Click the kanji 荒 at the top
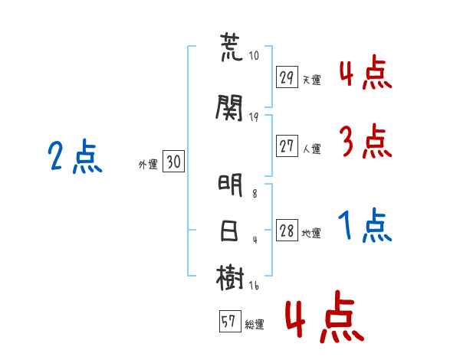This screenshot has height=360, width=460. point(232,47)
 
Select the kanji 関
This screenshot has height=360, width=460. point(229,108)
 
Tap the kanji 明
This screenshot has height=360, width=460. point(230,185)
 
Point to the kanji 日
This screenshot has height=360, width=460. point(228,231)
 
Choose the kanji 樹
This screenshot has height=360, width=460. point(230,277)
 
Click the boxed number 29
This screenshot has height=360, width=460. point(287,77)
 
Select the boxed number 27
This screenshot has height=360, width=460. point(287,146)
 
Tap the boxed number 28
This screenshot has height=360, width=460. point(287,230)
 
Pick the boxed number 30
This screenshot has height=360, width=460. point(173,161)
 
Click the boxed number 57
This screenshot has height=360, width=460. point(230,321)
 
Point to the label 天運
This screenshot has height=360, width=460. point(312,80)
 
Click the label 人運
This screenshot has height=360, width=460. point(312,149)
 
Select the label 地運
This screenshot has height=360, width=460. point(311,234)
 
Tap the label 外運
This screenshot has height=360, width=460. point(148,165)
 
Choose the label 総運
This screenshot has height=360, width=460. point(255,325)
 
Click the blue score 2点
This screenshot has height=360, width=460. point(75,155)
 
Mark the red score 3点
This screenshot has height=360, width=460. point(366,141)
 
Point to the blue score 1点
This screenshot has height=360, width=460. point(365,225)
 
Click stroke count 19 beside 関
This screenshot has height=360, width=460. point(254,117)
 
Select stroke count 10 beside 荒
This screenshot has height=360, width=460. point(254,56)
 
